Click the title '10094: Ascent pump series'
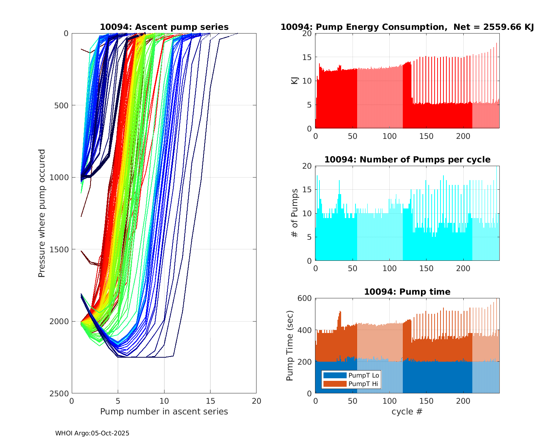(164, 27)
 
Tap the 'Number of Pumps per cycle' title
(407, 160)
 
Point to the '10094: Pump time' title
(407, 292)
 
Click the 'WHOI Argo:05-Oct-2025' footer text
(92, 434)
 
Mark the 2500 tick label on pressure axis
(60, 393)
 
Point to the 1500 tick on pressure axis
(60, 249)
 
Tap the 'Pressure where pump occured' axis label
(42, 213)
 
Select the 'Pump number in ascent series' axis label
(164, 412)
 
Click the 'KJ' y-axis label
(295, 81)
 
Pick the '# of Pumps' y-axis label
(295, 213)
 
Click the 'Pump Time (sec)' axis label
(290, 345)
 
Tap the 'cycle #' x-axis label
(407, 412)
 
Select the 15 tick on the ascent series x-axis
(210, 401)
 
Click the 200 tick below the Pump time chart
(463, 401)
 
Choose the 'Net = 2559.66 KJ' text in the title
(493, 27)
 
